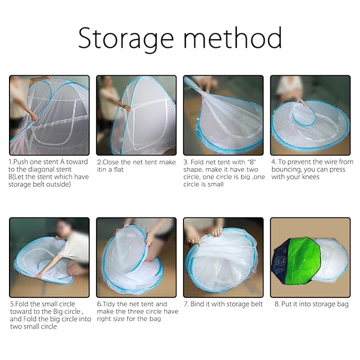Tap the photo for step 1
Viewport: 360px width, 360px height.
(49, 115)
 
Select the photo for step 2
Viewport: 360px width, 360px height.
(136, 115)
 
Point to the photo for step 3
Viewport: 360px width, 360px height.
(223, 115)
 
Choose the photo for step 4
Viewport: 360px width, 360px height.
(310, 115)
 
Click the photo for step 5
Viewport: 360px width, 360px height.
(49, 257)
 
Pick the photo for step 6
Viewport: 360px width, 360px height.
(136, 257)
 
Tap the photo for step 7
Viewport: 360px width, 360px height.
(223, 257)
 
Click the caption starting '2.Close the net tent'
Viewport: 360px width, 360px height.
(136, 165)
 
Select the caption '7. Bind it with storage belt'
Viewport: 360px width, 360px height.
(223, 304)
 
